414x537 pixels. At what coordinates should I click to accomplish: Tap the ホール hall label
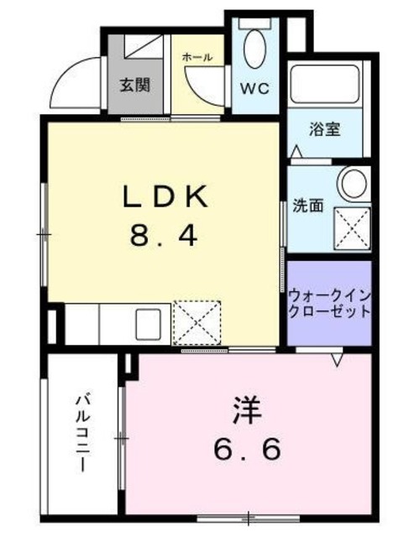[198, 57]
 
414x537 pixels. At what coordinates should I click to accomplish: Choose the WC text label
[255, 89]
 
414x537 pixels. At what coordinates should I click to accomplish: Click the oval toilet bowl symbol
[254, 50]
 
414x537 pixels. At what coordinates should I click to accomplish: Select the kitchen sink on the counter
[149, 322]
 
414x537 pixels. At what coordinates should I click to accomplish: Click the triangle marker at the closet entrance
[338, 358]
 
